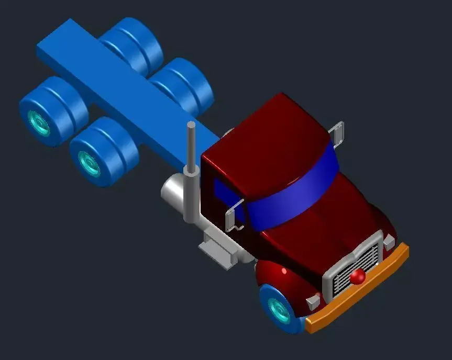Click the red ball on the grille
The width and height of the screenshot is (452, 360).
tap(358, 276)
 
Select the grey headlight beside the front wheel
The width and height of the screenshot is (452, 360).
tap(313, 301)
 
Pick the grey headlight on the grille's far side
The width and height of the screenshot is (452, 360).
tap(389, 242)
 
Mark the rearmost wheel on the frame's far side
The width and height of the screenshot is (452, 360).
tap(131, 44)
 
